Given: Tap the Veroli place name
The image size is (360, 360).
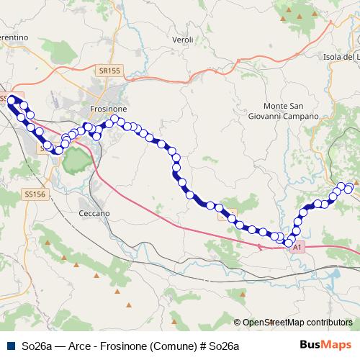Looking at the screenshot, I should [x=183, y=40].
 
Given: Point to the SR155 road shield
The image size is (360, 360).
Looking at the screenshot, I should [x=109, y=71].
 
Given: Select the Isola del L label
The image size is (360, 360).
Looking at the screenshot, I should [x=341, y=57].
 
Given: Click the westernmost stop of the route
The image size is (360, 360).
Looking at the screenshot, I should [x=12, y=100].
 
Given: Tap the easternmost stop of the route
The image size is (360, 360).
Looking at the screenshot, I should [x=349, y=188].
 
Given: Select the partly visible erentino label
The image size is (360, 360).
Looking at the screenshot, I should [x=14, y=37].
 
